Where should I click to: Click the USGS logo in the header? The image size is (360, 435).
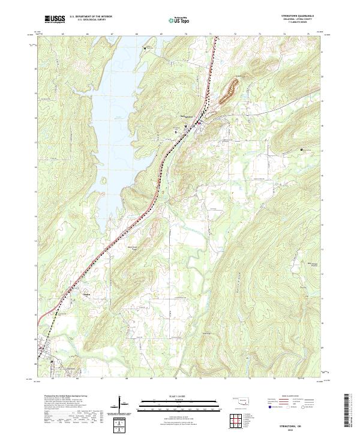tap(55, 19)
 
